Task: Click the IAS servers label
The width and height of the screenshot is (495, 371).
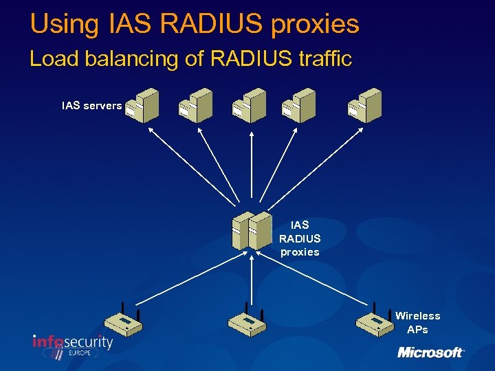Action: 91,106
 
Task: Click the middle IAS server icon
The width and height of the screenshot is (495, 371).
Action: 250,106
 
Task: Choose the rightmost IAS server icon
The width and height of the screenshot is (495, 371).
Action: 364,106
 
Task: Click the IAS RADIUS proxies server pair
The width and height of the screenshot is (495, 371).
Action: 252,231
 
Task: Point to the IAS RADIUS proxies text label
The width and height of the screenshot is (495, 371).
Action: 300,238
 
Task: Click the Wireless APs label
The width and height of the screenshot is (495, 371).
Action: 417,322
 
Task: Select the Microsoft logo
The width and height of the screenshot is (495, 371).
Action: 431,352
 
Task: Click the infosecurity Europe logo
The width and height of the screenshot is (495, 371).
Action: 72,345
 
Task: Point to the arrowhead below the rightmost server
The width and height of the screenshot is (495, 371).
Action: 362,130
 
